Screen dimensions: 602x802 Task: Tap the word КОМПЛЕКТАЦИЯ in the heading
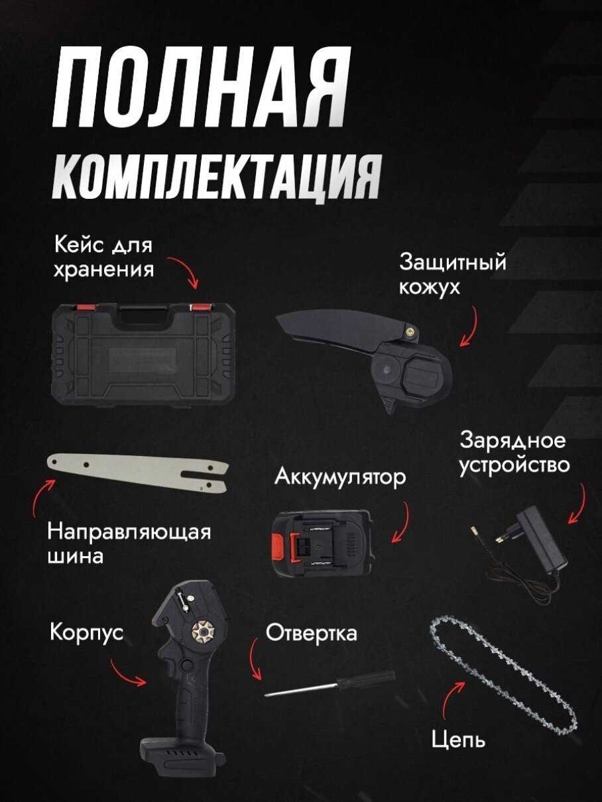pos(216,177)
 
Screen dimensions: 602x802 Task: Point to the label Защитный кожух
pos(453,275)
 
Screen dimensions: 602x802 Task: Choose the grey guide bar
pos(138,473)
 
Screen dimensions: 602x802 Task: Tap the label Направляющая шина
pos(129,544)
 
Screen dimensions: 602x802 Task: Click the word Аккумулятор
pos(340,477)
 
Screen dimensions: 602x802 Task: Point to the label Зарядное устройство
pos(514,453)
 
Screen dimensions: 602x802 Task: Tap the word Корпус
pos(87,632)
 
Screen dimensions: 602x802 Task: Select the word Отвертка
pos(311,633)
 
